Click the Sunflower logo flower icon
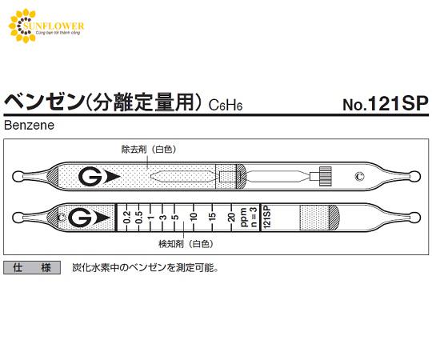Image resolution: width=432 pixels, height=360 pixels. pos(23,26)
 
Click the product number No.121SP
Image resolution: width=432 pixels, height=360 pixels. pos(386,104)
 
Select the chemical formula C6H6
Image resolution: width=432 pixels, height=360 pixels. pos(226,105)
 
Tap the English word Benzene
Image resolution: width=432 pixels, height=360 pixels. pos(30,126)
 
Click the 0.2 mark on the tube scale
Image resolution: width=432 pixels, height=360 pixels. pos(126,218)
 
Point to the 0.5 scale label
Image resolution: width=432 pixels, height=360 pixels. pos(139,218)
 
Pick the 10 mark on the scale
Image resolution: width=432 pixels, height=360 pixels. pos(194,218)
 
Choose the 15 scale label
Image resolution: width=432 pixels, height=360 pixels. pos(212,218)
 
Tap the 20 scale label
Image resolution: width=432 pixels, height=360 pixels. pos(231,218)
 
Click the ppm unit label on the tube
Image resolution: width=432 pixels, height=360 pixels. pos(244,218)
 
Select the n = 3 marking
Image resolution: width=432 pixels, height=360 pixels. pos(253,218)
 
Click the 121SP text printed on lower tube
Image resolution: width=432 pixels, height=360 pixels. pos(267,218)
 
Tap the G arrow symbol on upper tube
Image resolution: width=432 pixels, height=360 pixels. pos(99,177)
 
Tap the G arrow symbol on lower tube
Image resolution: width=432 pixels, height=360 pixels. pos(89,218)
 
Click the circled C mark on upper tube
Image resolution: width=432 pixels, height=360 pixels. pos(359,176)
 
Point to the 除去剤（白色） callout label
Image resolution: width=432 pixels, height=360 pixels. pos(149,150)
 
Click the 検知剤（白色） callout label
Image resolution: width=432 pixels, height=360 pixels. pos(186,244)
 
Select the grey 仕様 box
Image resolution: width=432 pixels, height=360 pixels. pos(32,267)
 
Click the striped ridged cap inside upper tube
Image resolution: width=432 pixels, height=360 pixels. pos(325,176)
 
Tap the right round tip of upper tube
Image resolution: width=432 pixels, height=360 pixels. pos(415,177)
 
